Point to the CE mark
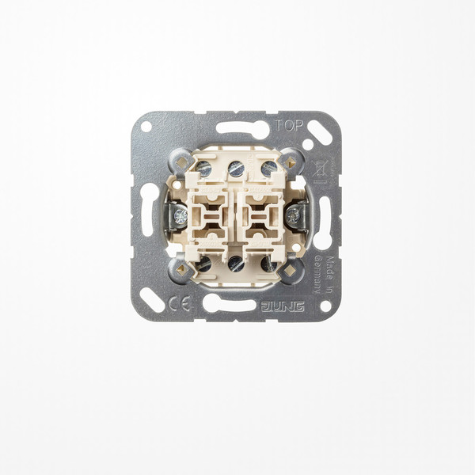click(x=180, y=304)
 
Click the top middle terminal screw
click(x=236, y=169)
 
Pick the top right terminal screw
click(x=269, y=169)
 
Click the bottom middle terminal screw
click(x=236, y=263)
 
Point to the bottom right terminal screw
click(x=269, y=264)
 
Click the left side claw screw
click(x=180, y=215)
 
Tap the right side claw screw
click(x=294, y=215)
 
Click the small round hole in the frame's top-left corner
click(x=146, y=126)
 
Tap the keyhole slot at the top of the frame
click(x=241, y=128)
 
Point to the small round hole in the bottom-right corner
click(x=325, y=306)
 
